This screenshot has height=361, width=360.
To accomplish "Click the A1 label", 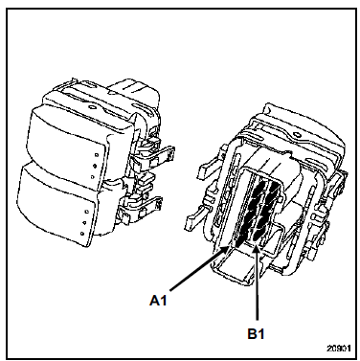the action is [x=158, y=301].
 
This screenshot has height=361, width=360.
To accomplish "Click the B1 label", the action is [x=257, y=334].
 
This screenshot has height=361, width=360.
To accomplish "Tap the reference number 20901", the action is [x=338, y=348].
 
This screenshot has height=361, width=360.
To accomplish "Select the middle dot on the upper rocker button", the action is [x=95, y=166].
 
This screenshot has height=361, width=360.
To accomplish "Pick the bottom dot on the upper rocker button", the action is [x=92, y=176].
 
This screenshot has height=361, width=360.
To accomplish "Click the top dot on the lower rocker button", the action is [x=87, y=212].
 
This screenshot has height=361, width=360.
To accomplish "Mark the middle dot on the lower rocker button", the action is [x=84, y=222].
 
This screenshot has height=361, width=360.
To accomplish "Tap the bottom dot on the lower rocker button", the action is [x=82, y=234].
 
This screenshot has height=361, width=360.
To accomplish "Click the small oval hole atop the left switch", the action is [x=93, y=107].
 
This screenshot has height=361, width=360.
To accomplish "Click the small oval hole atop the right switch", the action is [x=298, y=135].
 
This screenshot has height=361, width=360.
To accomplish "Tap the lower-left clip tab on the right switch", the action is [x=199, y=217].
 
